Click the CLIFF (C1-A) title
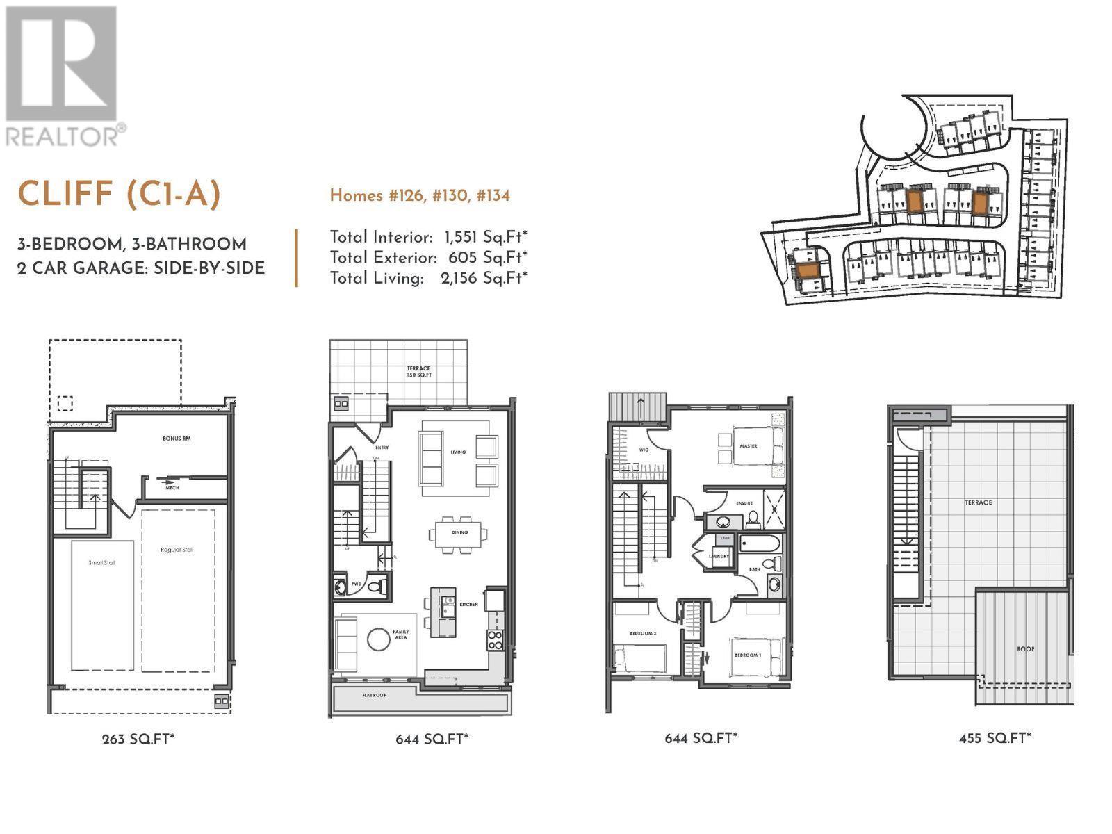(x=119, y=194)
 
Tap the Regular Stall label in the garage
(x=177, y=550)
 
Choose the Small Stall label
(x=101, y=562)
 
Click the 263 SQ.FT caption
(x=138, y=739)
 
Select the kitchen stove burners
(x=495, y=639)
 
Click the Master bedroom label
(x=749, y=446)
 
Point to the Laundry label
(x=718, y=556)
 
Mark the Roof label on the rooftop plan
(x=1025, y=649)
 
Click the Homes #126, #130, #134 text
(x=420, y=196)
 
